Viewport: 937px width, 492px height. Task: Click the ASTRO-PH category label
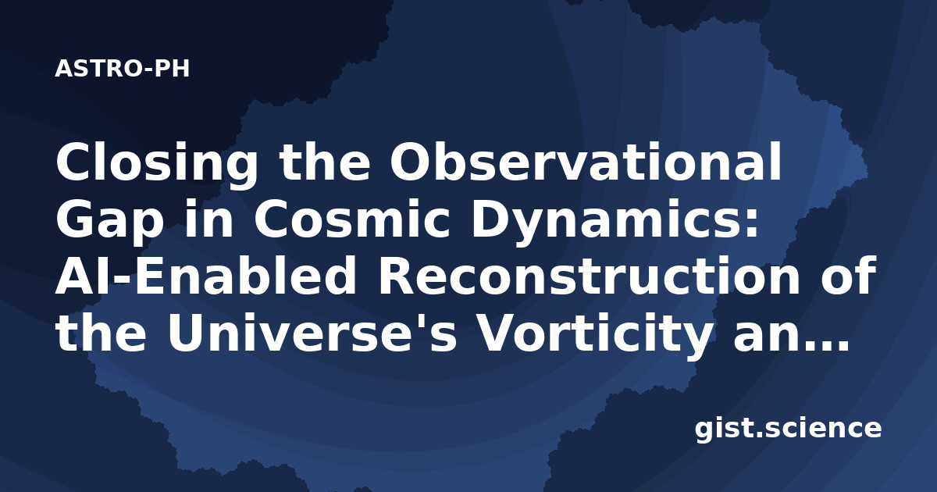(x=122, y=69)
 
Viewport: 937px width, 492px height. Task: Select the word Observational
(x=586, y=160)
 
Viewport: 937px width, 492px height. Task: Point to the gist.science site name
(x=788, y=430)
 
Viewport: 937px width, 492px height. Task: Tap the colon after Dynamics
(x=750, y=223)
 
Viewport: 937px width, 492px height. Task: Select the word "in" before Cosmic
(x=208, y=218)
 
